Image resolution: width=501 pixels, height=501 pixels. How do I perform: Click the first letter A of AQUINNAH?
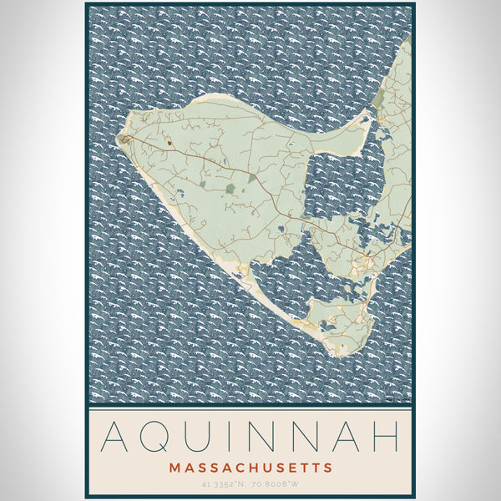click(114, 438)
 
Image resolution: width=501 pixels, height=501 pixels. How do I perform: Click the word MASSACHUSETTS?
click(250, 468)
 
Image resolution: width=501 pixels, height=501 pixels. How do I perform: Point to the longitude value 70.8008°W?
click(276, 483)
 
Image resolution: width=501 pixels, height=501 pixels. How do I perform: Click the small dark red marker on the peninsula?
click(169, 143)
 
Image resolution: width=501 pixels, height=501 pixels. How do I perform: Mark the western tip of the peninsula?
click(122, 138)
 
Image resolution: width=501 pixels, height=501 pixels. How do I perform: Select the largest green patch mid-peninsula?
click(230, 189)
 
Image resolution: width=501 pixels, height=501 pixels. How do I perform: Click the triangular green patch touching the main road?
click(201, 184)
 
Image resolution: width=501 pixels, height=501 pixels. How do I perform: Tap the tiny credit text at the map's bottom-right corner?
click(400, 401)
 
